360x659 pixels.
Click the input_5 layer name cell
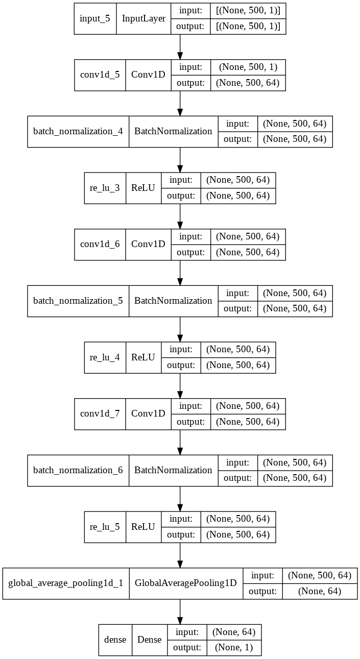click(95, 18)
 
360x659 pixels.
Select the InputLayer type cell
click(143, 18)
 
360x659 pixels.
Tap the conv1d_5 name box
click(100, 75)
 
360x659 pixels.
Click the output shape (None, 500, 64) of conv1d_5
click(248, 83)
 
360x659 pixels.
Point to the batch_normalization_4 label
click(78, 131)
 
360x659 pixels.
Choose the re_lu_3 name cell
click(105, 188)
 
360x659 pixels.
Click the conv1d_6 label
click(100, 244)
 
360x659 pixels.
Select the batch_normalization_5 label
click(78, 301)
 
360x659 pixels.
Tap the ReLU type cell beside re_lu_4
click(143, 357)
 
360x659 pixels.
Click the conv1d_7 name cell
click(100, 413)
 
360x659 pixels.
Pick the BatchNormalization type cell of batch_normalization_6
click(173, 470)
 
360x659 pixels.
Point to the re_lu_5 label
click(105, 527)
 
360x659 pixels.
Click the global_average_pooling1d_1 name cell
click(66, 583)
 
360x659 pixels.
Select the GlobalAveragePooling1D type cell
click(186, 583)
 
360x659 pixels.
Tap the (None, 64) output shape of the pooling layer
click(320, 591)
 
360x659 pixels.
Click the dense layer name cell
click(115, 640)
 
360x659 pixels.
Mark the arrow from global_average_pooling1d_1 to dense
click(180, 612)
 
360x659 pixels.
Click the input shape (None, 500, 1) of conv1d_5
click(248, 67)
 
